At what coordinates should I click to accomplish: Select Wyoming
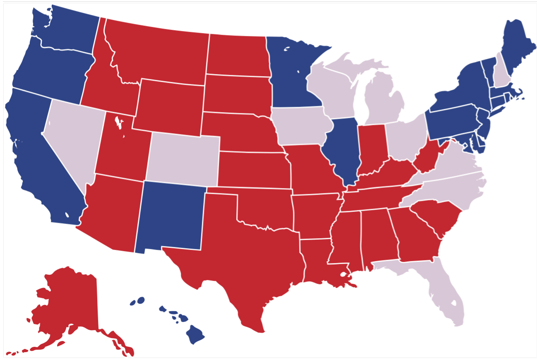[170, 106]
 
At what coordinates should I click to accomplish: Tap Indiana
[371, 149]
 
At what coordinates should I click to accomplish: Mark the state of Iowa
[300, 126]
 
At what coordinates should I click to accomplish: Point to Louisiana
[316, 261]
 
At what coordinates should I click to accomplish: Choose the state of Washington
[66, 31]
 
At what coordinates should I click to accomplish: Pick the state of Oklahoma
[265, 209]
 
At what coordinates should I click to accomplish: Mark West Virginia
[426, 159]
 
